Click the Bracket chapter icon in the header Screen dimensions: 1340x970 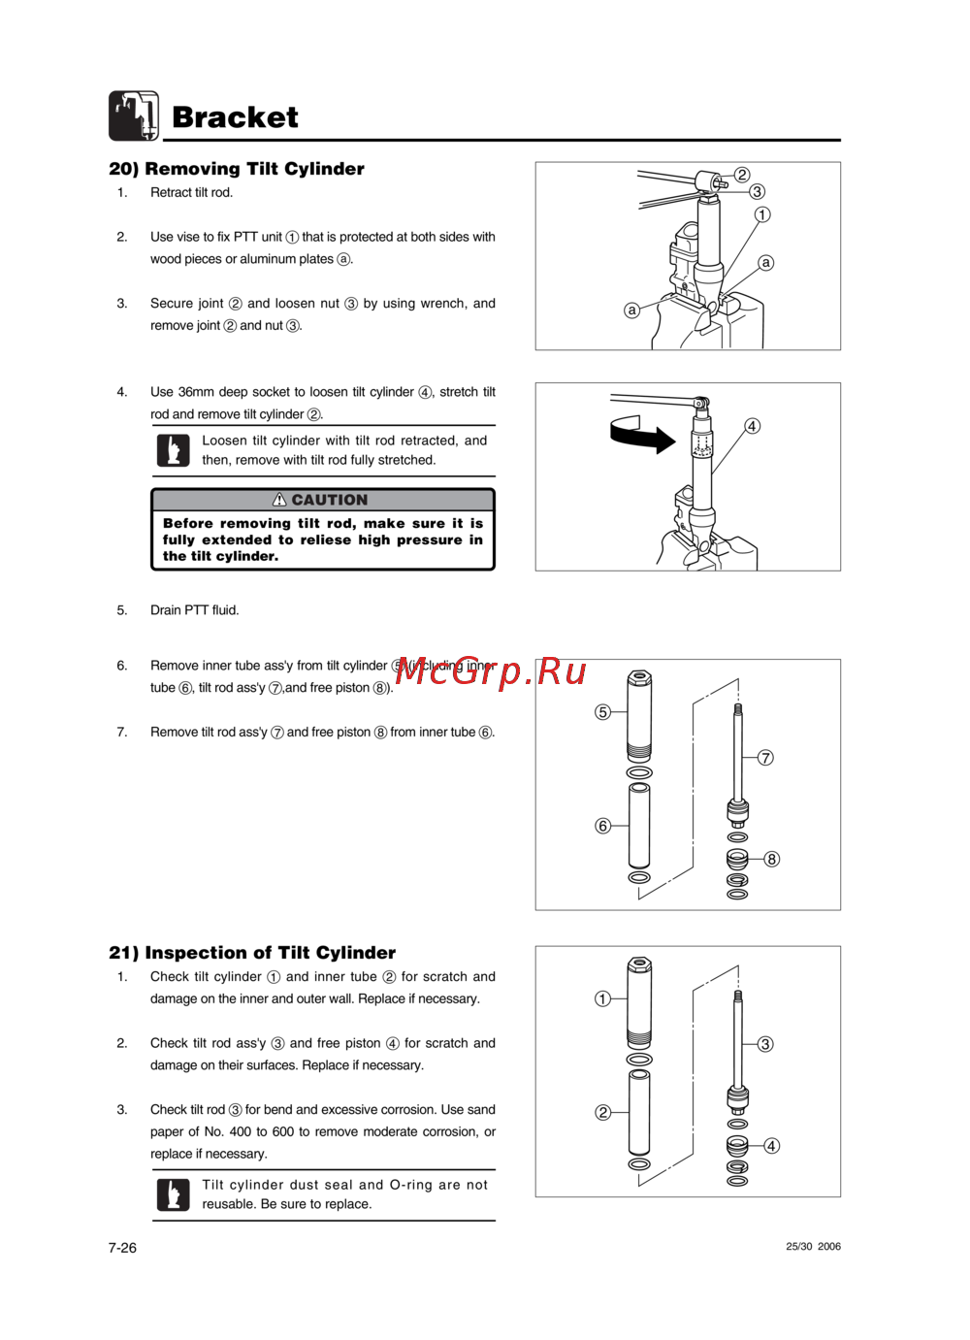[134, 115]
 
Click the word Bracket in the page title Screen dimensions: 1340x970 [235, 117]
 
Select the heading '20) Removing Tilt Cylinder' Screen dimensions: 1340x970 [237, 169]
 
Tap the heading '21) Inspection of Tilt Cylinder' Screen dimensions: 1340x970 [252, 953]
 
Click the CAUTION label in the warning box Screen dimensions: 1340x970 [330, 500]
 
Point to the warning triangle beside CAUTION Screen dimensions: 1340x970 [279, 500]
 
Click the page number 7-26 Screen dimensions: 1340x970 [122, 1248]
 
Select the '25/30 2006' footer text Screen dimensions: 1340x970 [813, 1247]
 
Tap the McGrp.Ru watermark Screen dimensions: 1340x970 [491, 670]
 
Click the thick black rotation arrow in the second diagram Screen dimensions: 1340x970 [641, 435]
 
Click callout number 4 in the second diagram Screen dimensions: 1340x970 [752, 426]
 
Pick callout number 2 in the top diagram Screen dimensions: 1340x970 [742, 175]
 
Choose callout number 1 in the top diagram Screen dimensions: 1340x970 [762, 214]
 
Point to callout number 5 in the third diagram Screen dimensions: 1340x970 [602, 712]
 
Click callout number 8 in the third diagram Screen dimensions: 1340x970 [771, 859]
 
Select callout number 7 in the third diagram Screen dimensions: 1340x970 [765, 758]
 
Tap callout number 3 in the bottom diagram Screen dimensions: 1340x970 [765, 1044]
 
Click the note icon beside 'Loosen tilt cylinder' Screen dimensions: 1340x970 [174, 450]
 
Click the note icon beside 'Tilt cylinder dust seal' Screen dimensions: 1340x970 [174, 1194]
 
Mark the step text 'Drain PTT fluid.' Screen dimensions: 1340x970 [194, 610]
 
